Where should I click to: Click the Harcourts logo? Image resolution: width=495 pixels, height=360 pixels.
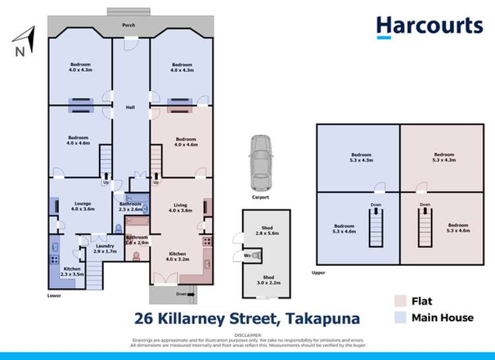click(x=429, y=26)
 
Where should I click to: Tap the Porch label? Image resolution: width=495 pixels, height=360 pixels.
click(x=128, y=25)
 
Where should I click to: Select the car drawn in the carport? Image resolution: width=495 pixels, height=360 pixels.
click(x=259, y=160)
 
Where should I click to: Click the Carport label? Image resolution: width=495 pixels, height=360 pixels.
click(x=259, y=196)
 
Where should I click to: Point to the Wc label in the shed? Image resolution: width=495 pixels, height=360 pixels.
click(x=247, y=255)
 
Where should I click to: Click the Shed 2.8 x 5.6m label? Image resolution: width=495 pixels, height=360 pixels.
click(x=263, y=231)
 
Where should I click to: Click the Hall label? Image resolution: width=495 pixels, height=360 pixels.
click(x=130, y=107)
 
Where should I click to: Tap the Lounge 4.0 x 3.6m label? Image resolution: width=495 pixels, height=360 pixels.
click(x=82, y=206)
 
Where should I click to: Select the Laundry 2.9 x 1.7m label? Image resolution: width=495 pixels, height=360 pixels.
click(x=104, y=249)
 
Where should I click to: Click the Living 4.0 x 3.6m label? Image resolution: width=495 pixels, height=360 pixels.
click(x=180, y=208)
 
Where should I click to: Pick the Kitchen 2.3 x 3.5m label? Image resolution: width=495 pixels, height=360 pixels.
click(x=71, y=272)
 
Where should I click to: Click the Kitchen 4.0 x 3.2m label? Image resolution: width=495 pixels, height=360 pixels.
click(x=176, y=256)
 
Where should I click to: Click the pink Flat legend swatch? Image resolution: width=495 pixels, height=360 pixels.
click(x=399, y=301)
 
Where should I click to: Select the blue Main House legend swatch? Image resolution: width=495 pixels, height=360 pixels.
click(x=399, y=317)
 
